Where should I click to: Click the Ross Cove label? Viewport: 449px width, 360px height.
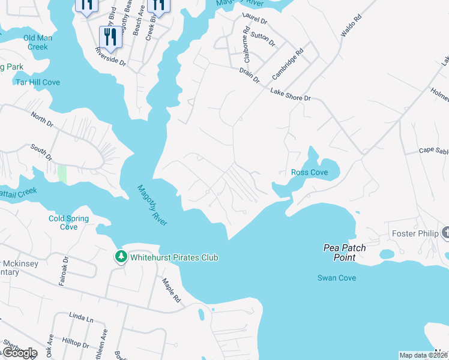309,172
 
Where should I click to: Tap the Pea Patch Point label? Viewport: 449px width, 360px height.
345,252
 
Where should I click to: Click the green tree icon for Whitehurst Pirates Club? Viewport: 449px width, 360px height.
121,257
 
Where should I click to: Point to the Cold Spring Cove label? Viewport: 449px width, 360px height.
68,223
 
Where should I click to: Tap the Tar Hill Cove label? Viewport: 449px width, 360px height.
38,82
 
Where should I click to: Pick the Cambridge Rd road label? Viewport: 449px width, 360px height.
288,65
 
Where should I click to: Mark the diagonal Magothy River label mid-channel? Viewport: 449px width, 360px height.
152,205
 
